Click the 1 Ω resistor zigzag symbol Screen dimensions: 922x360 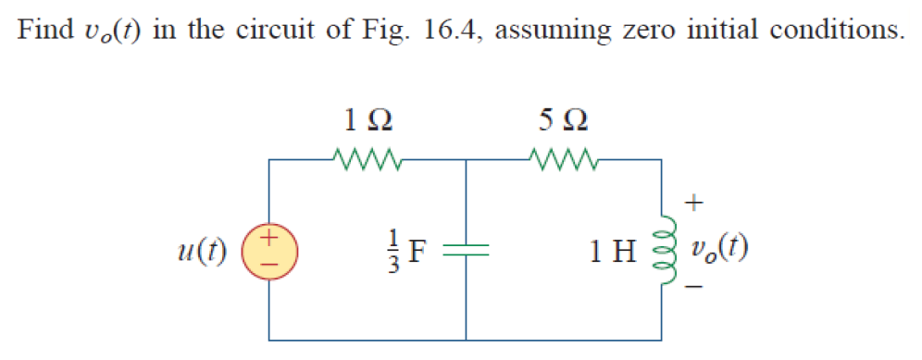coord(368,161)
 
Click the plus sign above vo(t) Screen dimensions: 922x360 coord(695,200)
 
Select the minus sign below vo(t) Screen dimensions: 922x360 coord(695,290)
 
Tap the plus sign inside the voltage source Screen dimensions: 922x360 coord(269,239)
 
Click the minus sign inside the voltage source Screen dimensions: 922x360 coord(269,261)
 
